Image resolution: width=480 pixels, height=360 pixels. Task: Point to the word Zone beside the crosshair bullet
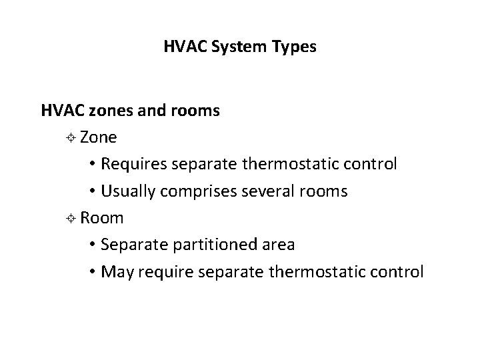(99, 137)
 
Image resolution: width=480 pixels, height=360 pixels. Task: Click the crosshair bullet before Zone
(72, 138)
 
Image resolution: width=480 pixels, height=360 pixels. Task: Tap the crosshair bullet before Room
(72, 219)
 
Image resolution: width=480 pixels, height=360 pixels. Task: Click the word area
(279, 245)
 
